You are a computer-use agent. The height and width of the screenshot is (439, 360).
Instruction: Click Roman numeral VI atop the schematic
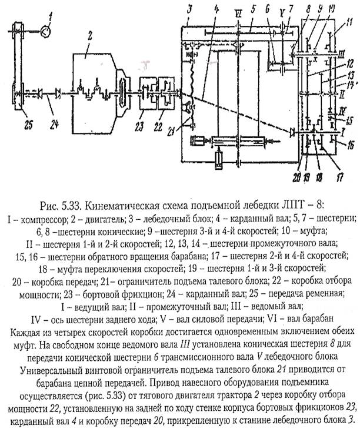[235, 12]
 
